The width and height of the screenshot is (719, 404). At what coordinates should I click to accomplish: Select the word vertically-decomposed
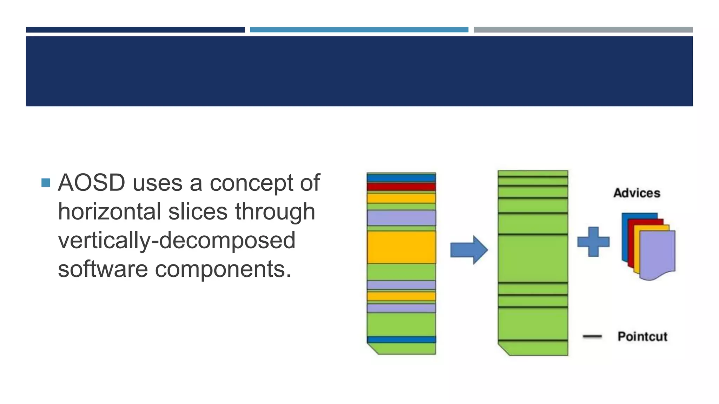pyautogui.click(x=177, y=241)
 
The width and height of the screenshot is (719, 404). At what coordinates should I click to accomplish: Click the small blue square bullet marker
pyautogui.click(x=46, y=183)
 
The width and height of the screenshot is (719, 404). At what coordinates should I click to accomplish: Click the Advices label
pyautogui.click(x=636, y=193)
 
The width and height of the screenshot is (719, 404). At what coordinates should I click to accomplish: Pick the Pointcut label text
pyautogui.click(x=642, y=337)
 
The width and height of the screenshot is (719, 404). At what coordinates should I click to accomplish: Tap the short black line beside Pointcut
pyautogui.click(x=592, y=337)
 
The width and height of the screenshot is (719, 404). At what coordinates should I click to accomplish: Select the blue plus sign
pyautogui.click(x=593, y=242)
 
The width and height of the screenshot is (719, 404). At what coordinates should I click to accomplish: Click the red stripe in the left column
pyautogui.click(x=401, y=187)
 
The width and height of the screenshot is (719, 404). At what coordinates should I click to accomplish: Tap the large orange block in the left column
pyautogui.click(x=401, y=247)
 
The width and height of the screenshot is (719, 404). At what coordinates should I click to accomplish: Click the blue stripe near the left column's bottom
pyautogui.click(x=401, y=339)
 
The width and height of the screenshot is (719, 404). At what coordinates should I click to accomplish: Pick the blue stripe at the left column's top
pyautogui.click(x=401, y=178)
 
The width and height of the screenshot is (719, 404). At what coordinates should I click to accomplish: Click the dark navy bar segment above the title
pyautogui.click(x=135, y=30)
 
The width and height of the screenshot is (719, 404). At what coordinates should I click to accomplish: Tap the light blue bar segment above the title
pyautogui.click(x=359, y=30)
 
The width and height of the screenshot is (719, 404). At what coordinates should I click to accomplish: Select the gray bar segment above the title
pyautogui.click(x=583, y=30)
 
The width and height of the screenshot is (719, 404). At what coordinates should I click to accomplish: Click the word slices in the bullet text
pyautogui.click(x=198, y=212)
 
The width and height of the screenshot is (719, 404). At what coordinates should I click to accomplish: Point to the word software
pyautogui.click(x=103, y=269)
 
